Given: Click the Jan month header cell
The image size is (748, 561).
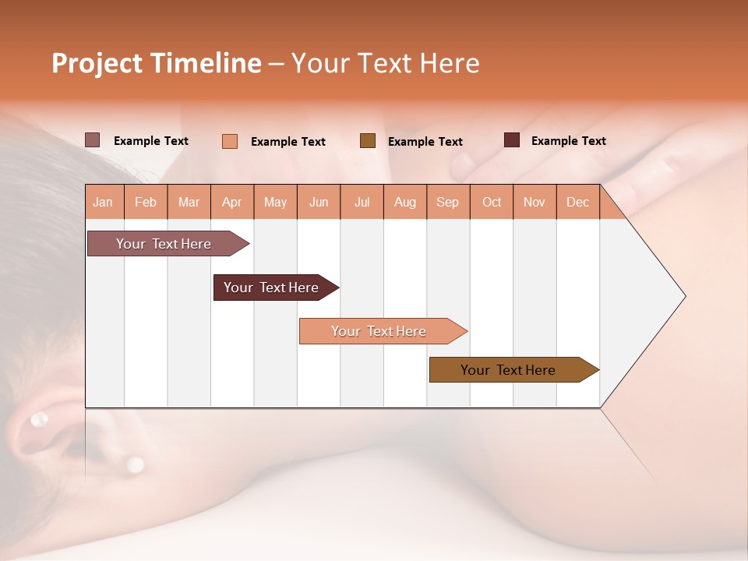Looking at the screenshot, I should (x=104, y=202).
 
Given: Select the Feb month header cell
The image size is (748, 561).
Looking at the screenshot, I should (x=146, y=202).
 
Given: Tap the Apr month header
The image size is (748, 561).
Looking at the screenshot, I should (x=232, y=202).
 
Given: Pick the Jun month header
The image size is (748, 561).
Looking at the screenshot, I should (x=319, y=202).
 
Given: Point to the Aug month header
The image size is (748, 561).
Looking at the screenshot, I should (x=405, y=202).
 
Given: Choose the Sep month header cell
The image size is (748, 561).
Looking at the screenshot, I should (x=448, y=202).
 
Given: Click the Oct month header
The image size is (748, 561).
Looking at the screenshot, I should (x=492, y=202).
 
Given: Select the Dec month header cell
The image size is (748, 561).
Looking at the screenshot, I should (x=578, y=202).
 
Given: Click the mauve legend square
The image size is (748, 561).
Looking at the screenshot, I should (x=93, y=140).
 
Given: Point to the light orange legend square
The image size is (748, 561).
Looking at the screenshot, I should (x=230, y=141).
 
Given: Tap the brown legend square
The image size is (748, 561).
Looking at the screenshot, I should (x=368, y=140).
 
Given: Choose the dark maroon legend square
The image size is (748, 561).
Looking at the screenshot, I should (x=512, y=140).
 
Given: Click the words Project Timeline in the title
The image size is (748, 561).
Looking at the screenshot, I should (x=156, y=63).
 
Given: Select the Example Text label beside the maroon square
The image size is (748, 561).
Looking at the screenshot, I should (x=568, y=141).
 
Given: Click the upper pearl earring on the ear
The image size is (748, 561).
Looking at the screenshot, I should (x=38, y=420).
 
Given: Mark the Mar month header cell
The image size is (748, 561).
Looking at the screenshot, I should (x=189, y=202).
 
